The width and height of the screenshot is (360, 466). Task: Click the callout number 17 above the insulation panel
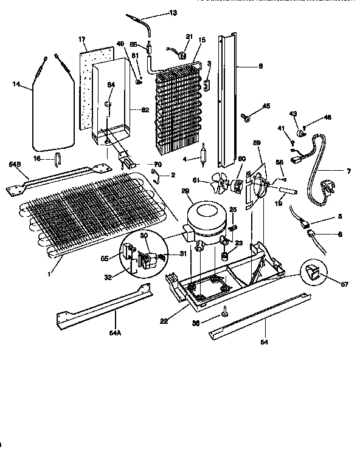click(82, 39)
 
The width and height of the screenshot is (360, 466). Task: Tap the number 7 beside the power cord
click(349, 171)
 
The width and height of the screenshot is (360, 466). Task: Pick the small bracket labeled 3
click(207, 86)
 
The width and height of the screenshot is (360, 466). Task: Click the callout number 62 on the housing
click(145, 110)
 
